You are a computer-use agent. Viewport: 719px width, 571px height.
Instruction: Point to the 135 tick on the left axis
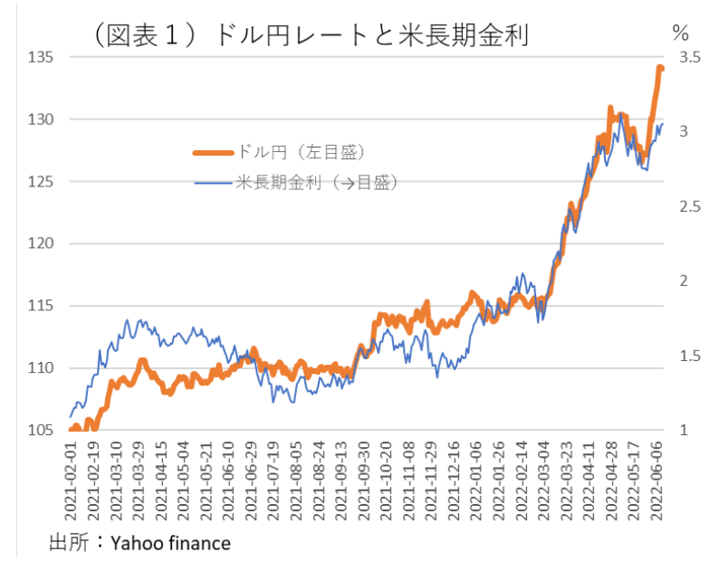pos(42,57)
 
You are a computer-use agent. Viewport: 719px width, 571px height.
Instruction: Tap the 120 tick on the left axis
pos(42,243)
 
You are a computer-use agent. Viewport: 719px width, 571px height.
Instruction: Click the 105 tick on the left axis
pos(42,430)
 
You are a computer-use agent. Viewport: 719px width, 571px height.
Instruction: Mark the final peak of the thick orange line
pos(660,67)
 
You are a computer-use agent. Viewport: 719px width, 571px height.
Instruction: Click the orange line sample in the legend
pos(214,152)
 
